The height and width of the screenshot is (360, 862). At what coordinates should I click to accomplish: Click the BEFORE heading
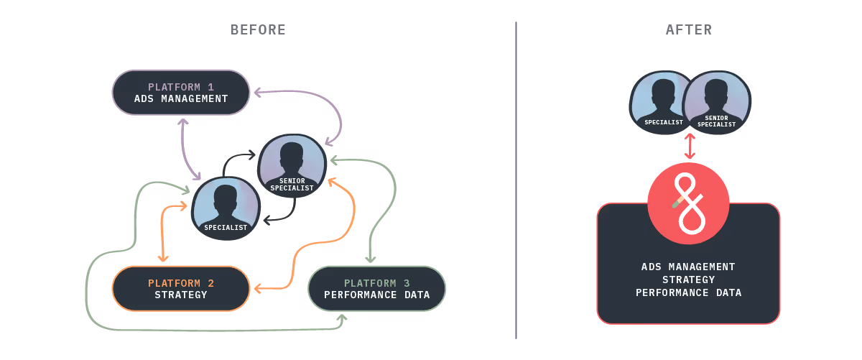(258, 29)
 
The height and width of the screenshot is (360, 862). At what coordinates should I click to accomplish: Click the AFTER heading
(689, 29)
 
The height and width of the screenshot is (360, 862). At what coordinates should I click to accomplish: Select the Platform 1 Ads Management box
(181, 92)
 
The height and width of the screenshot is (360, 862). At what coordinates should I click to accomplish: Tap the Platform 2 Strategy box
(181, 289)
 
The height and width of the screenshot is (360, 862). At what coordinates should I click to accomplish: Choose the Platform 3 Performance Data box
(376, 289)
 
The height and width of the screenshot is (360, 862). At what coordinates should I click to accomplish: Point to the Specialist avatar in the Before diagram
(226, 208)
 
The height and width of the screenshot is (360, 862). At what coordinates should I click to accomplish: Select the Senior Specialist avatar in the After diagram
(716, 103)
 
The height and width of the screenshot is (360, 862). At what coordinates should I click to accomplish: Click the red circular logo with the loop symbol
(688, 203)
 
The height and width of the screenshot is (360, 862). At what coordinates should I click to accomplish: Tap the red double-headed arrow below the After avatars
(690, 146)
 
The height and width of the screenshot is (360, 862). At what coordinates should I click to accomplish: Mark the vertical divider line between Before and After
(516, 180)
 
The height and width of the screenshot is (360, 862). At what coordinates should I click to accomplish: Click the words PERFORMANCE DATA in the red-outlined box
(688, 293)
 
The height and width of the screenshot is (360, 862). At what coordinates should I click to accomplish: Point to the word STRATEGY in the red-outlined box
(688, 280)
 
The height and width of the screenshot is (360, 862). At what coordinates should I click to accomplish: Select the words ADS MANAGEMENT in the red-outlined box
(688, 267)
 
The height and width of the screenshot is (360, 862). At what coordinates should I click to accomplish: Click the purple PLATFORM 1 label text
(181, 87)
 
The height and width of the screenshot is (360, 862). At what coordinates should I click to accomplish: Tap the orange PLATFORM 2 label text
(181, 283)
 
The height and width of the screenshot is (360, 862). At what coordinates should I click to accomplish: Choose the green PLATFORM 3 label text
(376, 283)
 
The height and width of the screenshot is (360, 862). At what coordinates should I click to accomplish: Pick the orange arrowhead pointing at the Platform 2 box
(256, 289)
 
